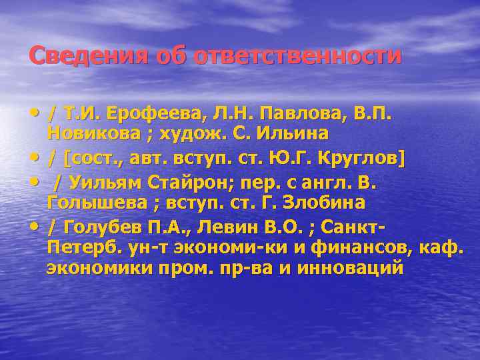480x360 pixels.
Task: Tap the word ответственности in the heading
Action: point(297,55)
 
